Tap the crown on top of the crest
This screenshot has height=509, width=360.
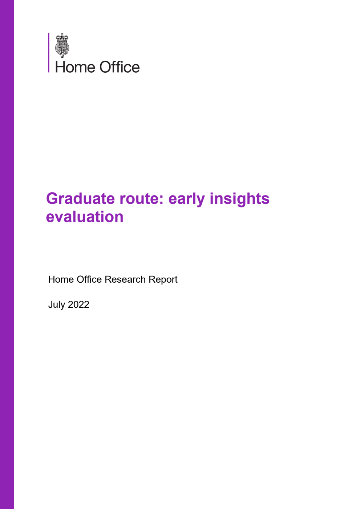[62, 37]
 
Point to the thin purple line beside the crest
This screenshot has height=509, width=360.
[49, 53]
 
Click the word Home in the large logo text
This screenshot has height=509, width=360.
[75, 67]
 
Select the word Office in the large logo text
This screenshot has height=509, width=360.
[120, 67]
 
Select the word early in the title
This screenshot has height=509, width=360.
[187, 199]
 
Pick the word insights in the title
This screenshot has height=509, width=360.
[239, 199]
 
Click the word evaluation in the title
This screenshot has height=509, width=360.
[85, 217]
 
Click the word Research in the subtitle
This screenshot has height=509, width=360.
[125, 279]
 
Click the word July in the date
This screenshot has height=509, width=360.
[57, 305]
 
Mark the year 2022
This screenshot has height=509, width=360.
[78, 304]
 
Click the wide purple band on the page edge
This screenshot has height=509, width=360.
[7, 254]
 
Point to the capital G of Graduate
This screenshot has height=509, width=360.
[53, 199]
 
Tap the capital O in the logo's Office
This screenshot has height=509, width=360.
[105, 67]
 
